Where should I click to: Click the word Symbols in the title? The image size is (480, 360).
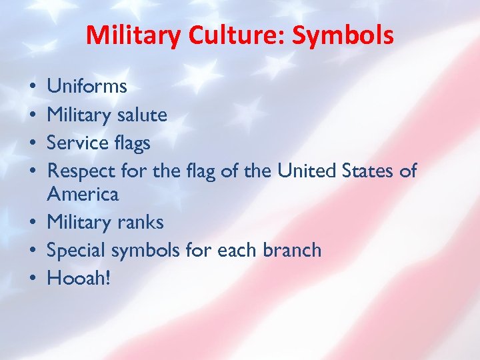click(343, 35)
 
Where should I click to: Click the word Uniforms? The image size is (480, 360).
click(87, 87)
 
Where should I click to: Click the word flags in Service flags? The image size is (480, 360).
click(133, 143)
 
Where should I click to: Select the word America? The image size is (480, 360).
click(83, 195)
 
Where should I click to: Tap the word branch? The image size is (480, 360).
click(291, 250)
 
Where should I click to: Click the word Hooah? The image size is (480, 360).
click(78, 277)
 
